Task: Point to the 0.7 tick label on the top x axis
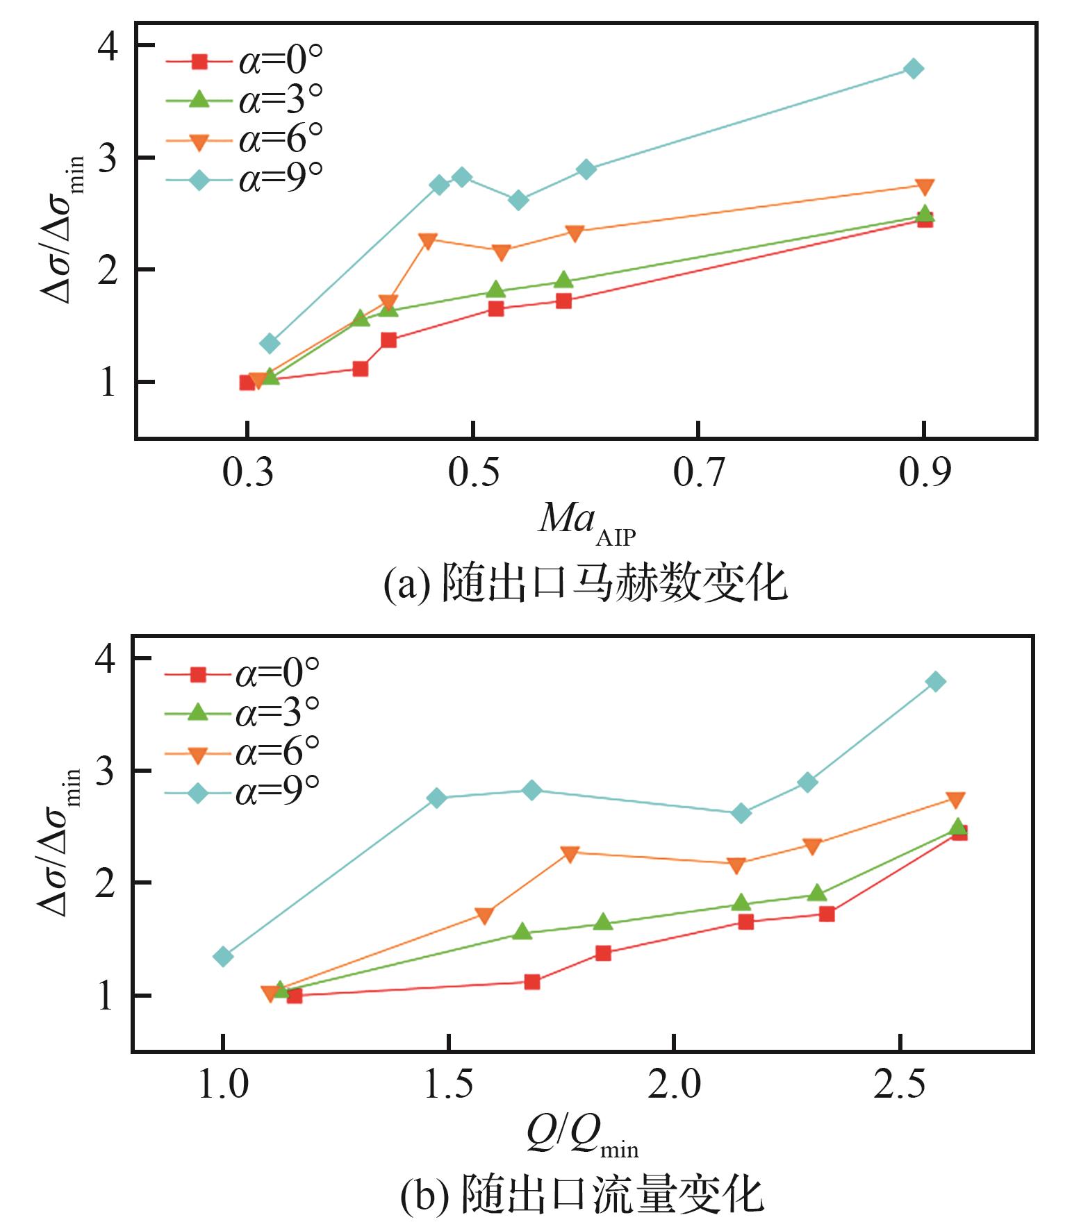tap(698, 473)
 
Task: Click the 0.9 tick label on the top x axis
tap(924, 473)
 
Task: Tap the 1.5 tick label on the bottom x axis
tap(449, 1085)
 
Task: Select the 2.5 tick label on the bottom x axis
tap(900, 1085)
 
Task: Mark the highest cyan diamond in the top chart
tap(914, 69)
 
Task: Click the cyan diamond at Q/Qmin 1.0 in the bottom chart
tap(223, 957)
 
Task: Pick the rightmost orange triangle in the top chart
tap(924, 187)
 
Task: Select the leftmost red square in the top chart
tap(247, 383)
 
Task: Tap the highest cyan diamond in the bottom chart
tap(935, 681)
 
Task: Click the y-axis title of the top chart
tap(63, 229)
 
